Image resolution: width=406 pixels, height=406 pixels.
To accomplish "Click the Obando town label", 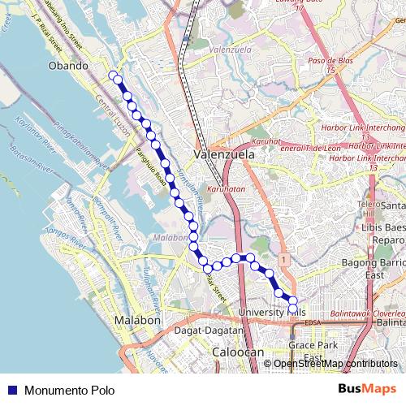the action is [68, 66].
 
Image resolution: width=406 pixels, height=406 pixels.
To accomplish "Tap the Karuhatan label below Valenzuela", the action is [226, 188].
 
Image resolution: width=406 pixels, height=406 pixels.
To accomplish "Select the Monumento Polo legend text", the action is [70, 390].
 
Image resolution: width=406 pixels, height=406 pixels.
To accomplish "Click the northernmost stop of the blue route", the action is [113, 76].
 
